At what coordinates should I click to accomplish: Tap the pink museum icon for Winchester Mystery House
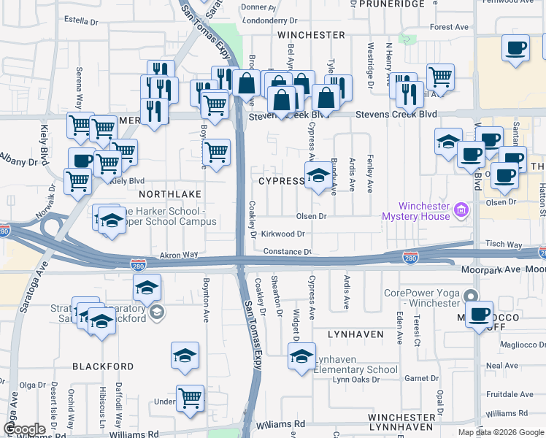[461, 212]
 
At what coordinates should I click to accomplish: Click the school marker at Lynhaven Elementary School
[301, 357]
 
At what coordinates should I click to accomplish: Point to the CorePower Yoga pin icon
[472, 296]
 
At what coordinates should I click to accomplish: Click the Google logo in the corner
[24, 429]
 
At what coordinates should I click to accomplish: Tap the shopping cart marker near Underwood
[191, 399]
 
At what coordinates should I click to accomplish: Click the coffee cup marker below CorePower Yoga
[480, 315]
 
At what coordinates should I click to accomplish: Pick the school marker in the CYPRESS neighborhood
[318, 176]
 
